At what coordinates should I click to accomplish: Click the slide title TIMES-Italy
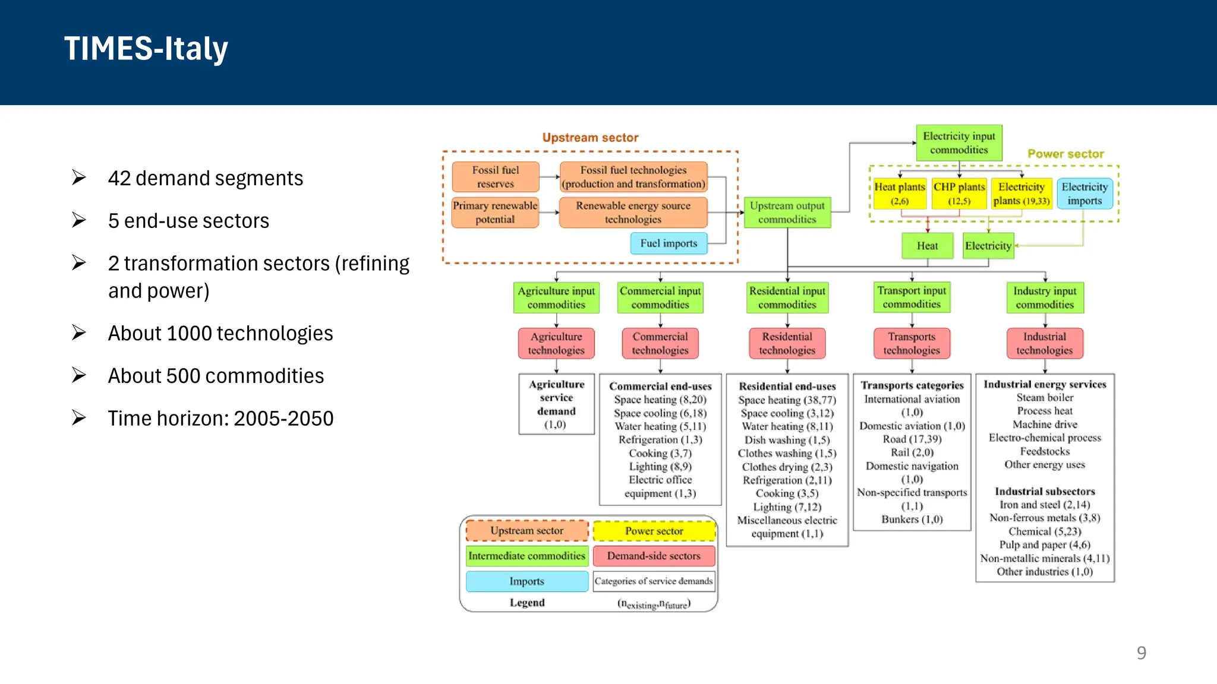tap(146, 49)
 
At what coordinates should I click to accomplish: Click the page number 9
tap(1141, 653)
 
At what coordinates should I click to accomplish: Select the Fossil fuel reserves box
tap(495, 177)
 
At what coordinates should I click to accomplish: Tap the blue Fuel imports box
tap(669, 243)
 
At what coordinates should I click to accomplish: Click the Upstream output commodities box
tap(787, 213)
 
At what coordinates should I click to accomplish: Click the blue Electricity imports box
tap(1084, 194)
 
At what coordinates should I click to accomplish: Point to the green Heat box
tap(927, 246)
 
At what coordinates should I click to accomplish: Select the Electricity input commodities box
tap(959, 143)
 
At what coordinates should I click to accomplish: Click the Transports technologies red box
tap(912, 344)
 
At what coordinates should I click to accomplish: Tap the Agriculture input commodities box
tap(556, 297)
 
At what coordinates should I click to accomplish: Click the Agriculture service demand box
tap(556, 404)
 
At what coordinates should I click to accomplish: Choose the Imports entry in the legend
tap(526, 581)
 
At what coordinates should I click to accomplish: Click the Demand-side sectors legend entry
tap(654, 556)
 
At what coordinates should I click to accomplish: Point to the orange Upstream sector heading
tap(590, 138)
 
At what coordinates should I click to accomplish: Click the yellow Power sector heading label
tap(1065, 154)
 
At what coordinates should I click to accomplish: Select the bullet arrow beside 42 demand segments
tap(79, 178)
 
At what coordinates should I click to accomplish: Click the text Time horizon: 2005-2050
tap(220, 419)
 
